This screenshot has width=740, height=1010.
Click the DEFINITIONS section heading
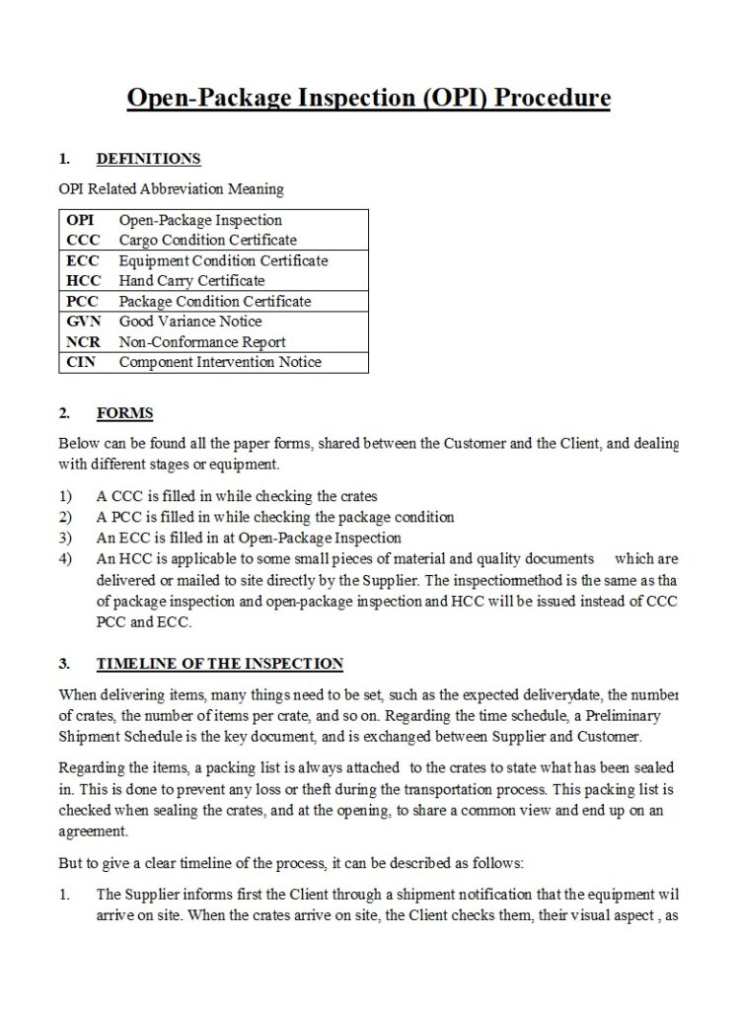click(x=148, y=159)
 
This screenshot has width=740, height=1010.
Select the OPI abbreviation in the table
click(x=80, y=220)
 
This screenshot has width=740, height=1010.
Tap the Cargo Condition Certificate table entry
click(x=207, y=240)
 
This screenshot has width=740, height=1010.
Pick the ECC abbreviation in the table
click(x=83, y=260)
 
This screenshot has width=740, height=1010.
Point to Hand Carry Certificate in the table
click(x=191, y=281)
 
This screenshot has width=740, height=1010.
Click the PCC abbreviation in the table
click(x=83, y=302)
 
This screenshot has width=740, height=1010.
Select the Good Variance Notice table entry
click(x=190, y=322)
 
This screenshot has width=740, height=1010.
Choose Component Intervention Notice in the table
click(x=220, y=362)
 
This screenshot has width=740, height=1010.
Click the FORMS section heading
click(x=124, y=413)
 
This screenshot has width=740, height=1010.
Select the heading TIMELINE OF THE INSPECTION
click(x=219, y=664)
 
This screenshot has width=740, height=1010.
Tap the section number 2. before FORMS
click(x=64, y=413)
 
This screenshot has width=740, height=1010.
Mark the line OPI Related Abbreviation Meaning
click(x=171, y=188)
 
